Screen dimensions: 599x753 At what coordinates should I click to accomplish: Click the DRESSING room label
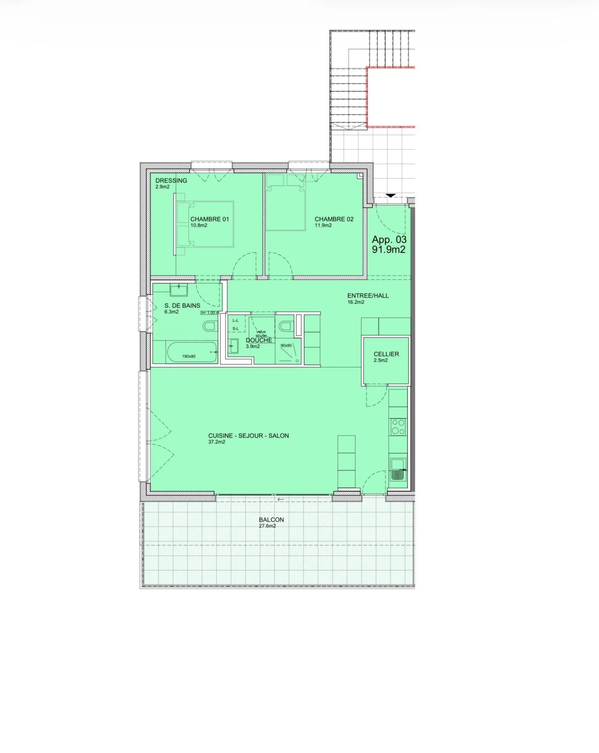tap(171, 180)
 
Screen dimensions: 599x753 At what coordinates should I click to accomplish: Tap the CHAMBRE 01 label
tap(209, 219)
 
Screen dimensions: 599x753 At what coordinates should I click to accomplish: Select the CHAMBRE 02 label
tap(334, 219)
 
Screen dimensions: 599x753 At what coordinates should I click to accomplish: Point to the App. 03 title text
tap(389, 239)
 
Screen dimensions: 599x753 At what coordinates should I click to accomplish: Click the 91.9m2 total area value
tap(389, 249)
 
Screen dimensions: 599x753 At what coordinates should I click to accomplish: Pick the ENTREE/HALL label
tap(368, 296)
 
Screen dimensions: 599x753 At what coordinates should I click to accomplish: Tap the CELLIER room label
tap(386, 354)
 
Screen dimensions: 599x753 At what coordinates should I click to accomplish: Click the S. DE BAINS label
tap(182, 306)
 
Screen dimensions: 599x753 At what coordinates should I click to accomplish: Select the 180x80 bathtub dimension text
tap(189, 356)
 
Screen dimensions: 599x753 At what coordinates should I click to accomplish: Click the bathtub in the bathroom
tap(192, 352)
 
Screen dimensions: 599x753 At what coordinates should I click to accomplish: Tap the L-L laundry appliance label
tap(235, 320)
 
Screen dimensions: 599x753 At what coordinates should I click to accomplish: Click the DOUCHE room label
tap(259, 340)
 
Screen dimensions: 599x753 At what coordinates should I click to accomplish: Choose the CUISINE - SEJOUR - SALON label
tap(248, 436)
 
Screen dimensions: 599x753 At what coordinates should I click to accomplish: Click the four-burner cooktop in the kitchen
tap(398, 427)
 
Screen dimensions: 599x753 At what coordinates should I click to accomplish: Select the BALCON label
tap(271, 520)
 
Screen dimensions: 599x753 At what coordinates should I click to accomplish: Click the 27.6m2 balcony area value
tap(267, 526)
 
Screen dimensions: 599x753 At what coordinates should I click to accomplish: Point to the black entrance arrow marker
tap(391, 195)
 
